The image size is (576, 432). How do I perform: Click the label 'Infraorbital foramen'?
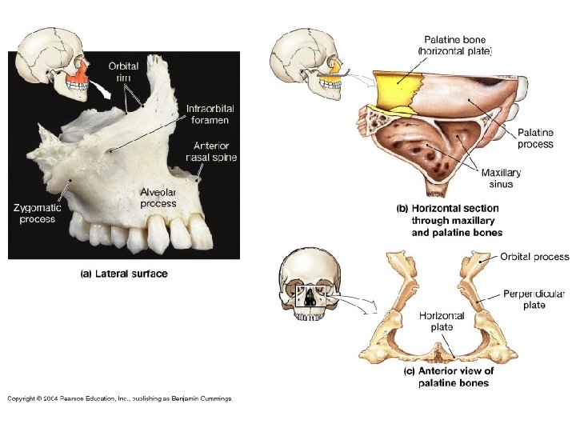210,114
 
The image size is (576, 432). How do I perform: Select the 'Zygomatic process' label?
38,213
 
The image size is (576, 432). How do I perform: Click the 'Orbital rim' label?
125,71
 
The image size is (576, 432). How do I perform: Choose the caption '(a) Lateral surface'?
124,274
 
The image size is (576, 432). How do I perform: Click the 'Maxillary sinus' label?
502,178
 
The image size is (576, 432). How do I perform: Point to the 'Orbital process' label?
534,257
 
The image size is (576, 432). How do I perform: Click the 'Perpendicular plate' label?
534,298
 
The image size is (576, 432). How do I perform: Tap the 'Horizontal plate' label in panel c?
441,321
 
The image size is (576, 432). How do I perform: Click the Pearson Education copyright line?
120,398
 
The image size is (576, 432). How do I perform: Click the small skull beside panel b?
302,60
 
